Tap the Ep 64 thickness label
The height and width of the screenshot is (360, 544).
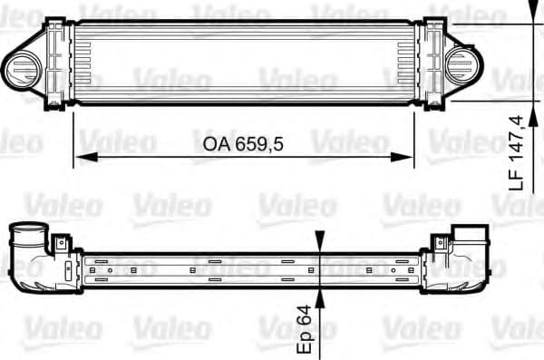pyautogui.click(x=306, y=326)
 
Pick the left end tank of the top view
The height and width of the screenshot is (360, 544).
pyautogui.click(x=56, y=64)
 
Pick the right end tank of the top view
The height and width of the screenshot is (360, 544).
pyautogui.click(x=429, y=64)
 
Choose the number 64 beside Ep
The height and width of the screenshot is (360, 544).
pyautogui.click(x=306, y=316)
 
